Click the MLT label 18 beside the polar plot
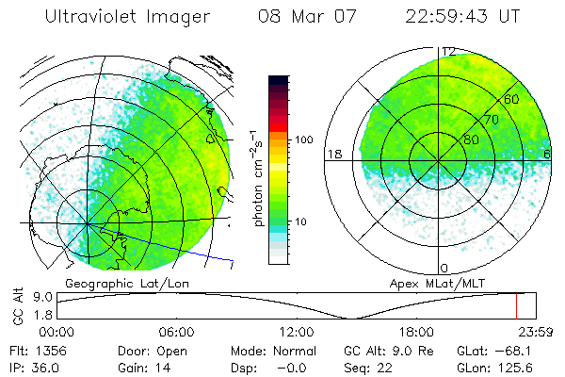[333, 154]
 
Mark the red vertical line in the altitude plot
[516, 306]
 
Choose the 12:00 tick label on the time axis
[297, 332]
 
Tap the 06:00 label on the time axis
[176, 332]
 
